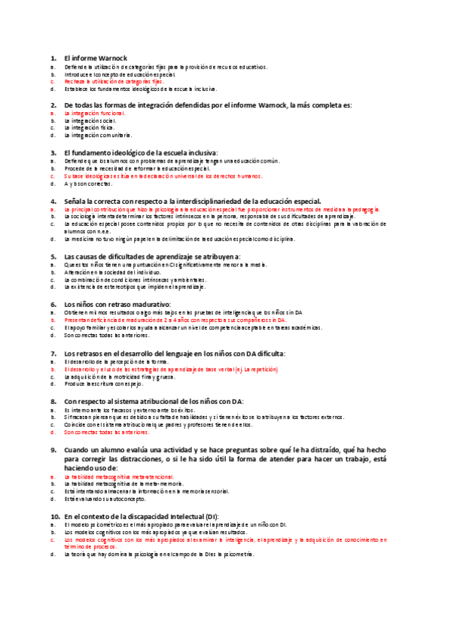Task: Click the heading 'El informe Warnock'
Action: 96,58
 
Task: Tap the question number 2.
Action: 53,105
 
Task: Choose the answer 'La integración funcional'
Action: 94,114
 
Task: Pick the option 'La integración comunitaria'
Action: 98,135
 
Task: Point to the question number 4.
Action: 53,202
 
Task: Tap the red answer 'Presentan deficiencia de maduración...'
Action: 181,321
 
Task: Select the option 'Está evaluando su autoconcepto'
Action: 105,499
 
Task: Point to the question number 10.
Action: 55,517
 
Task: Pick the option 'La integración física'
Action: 89,128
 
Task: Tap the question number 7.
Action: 53,353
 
